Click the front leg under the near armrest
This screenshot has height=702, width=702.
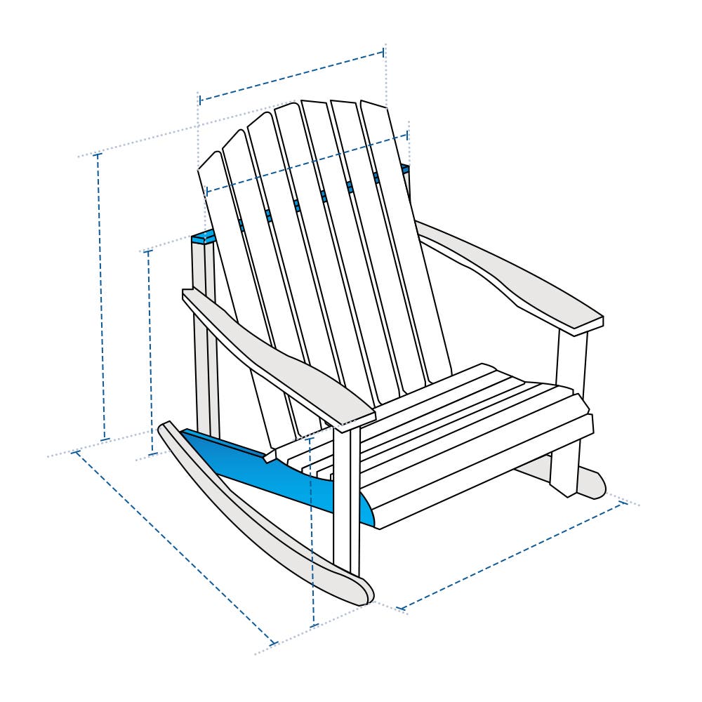point(346,498)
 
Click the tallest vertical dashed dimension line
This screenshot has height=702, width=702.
point(102,295)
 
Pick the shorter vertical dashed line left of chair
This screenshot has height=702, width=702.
point(150,351)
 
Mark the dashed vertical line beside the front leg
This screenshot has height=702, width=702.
point(312,534)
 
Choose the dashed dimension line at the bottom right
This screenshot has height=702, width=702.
point(512,555)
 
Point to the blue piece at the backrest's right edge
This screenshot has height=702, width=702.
point(406,169)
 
